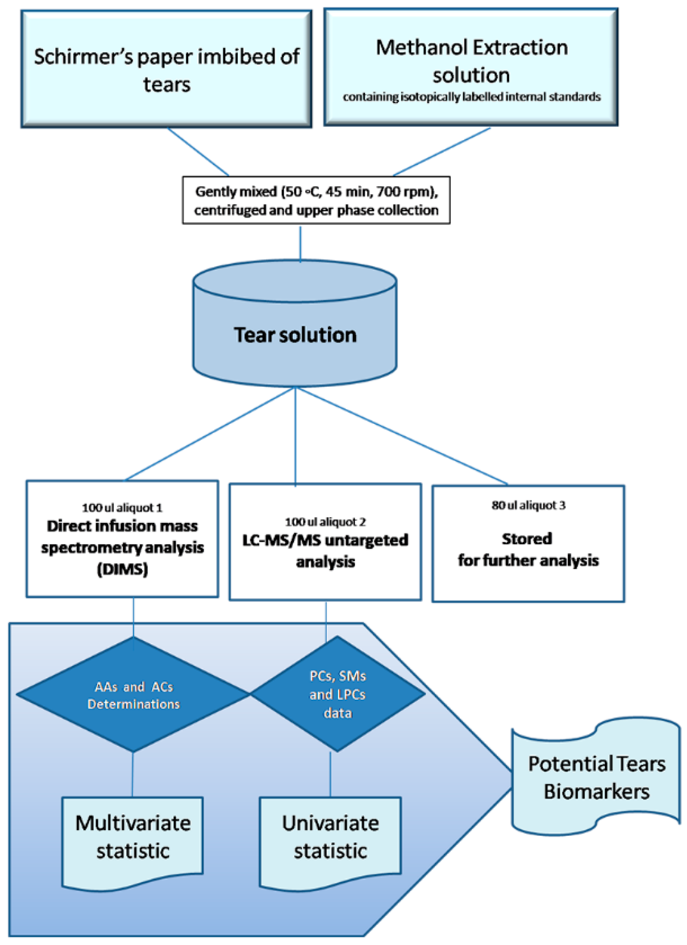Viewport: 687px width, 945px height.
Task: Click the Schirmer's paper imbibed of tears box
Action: [x=166, y=69]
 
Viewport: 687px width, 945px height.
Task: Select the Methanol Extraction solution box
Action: [x=471, y=67]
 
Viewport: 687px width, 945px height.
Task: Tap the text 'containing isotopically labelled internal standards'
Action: [x=472, y=96]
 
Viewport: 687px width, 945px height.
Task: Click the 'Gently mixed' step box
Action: [x=316, y=200]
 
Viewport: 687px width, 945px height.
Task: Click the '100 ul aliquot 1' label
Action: [x=122, y=508]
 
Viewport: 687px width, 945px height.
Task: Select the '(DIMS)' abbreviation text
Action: [x=122, y=569]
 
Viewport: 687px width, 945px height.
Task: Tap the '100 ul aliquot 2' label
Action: [x=325, y=522]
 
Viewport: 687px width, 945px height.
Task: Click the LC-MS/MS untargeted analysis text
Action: [x=325, y=550]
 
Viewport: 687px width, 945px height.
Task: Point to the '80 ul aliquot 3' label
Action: [x=528, y=505]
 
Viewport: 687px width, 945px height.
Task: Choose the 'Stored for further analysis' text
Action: [x=528, y=549]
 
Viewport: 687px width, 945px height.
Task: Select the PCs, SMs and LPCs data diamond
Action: [x=338, y=694]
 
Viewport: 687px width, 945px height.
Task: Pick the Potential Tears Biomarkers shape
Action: [x=596, y=778]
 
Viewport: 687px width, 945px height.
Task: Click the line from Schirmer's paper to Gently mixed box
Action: [x=198, y=152]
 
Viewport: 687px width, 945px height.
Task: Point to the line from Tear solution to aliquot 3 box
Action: [x=401, y=436]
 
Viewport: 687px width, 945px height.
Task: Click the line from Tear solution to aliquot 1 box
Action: [x=210, y=434]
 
